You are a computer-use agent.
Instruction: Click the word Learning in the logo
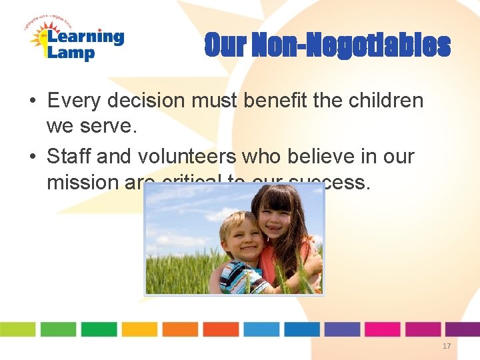[x=85, y=37]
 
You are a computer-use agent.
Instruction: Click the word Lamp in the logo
[x=71, y=53]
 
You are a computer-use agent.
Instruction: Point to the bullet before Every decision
[x=32, y=101]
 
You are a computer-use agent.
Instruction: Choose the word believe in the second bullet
[x=321, y=157]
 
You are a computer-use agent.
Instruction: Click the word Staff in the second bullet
[x=69, y=157]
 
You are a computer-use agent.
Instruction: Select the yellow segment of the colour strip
[x=139, y=329]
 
